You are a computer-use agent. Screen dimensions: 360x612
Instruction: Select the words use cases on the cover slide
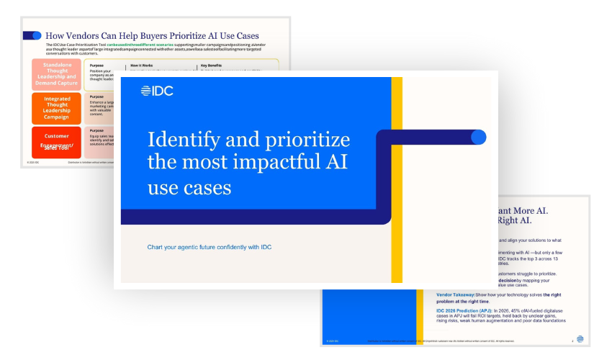189,188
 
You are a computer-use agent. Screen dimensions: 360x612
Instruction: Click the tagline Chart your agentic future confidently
209,248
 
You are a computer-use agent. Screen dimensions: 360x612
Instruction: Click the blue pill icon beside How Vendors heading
32,35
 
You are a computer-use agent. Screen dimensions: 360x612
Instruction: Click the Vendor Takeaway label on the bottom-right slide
460,294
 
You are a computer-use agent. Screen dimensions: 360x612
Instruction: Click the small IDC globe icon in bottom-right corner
580,339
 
